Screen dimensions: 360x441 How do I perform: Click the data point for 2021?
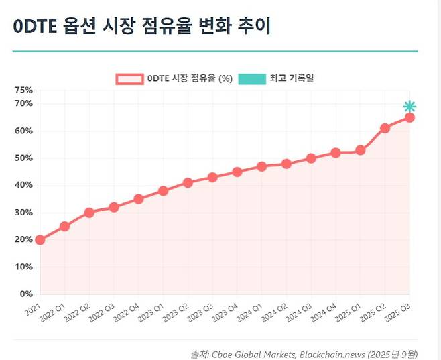pos(40,239)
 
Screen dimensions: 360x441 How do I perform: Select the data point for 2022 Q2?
pos(89,213)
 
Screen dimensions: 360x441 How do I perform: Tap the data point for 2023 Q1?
pos(163,191)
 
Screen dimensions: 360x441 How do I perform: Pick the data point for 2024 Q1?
pos(261,166)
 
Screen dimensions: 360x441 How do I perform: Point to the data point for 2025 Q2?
pos(385,128)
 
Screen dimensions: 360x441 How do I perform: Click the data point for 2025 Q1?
pos(360,150)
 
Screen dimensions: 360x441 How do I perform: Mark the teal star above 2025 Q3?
pos(409,107)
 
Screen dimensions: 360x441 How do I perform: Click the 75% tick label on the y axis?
pos(23,90)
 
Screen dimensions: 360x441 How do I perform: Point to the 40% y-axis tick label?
pos(23,185)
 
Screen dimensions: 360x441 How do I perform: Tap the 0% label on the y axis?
pos(26,294)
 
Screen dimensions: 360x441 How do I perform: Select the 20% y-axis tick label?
pos(23,239)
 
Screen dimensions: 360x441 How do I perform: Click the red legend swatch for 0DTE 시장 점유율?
pos(129,78)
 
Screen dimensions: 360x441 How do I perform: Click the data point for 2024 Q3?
pos(311,158)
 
